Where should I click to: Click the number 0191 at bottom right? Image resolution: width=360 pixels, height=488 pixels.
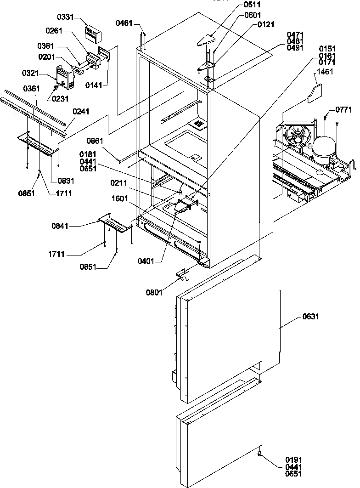pyautogui.click(x=293, y=459)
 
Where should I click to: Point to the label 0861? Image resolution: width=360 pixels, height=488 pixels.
pyautogui.click(x=95, y=142)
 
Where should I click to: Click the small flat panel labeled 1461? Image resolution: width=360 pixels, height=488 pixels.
pyautogui.click(x=314, y=93)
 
